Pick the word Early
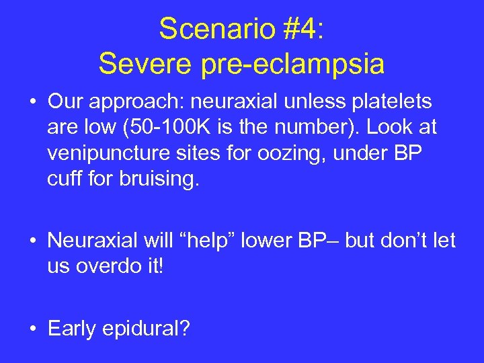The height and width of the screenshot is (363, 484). (71, 329)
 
